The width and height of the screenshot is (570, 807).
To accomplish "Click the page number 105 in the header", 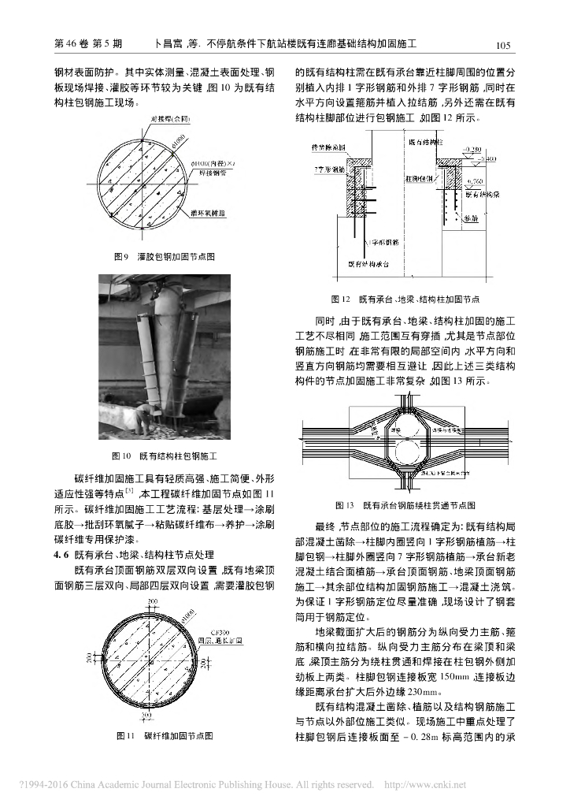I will (x=505, y=46).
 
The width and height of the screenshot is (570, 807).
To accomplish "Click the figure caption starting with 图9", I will (x=165, y=256).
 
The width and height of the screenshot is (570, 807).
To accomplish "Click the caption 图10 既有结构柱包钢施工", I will (x=165, y=455).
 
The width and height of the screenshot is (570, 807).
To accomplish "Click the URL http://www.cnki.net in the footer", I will (x=424, y=785).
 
